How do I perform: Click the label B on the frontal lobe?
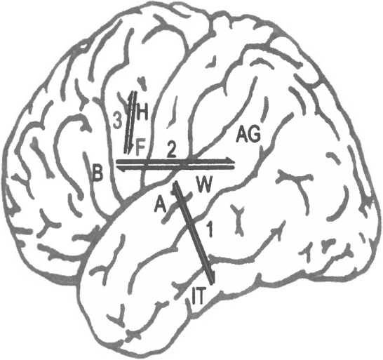point(98,173)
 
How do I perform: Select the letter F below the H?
point(140,147)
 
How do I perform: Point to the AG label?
point(248,135)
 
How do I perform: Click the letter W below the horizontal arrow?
point(204,185)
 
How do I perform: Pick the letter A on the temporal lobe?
point(160,205)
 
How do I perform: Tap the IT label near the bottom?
point(198,295)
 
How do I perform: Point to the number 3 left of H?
point(117,120)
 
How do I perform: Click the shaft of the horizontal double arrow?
point(175,164)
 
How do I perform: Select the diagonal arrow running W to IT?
point(194,233)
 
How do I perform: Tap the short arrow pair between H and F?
point(130,123)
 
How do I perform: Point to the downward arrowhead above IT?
point(213,279)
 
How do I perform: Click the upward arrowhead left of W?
point(175,186)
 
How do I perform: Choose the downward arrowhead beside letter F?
point(131,149)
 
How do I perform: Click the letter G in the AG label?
point(255,135)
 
